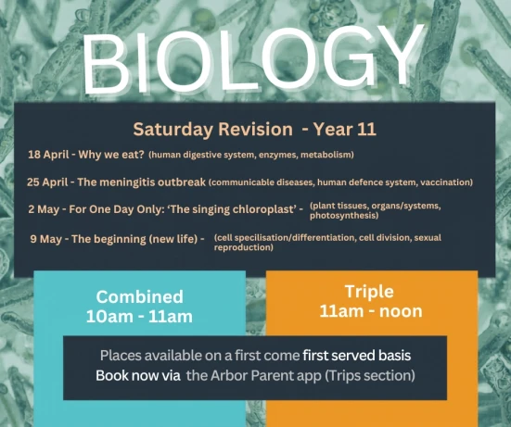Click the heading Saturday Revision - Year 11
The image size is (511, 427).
click(253, 129)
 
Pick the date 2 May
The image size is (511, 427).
click(45, 209)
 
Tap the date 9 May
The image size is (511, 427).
click(45, 239)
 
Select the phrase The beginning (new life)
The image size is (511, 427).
click(135, 239)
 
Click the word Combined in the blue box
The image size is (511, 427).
click(139, 297)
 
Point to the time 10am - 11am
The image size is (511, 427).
click(139, 317)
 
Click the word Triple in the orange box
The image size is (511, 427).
click(370, 290)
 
